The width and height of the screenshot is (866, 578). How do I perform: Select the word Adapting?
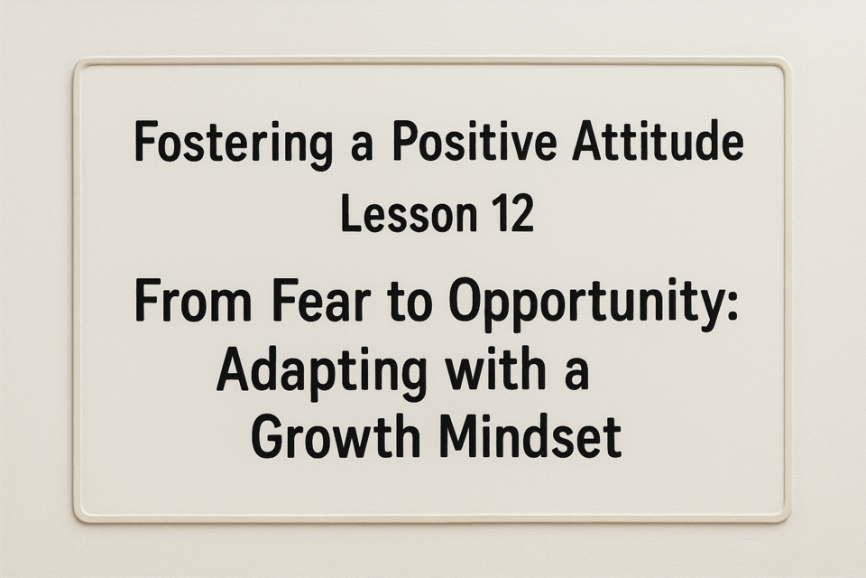[x=321, y=374]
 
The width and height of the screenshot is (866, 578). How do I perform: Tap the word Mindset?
[x=530, y=436]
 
